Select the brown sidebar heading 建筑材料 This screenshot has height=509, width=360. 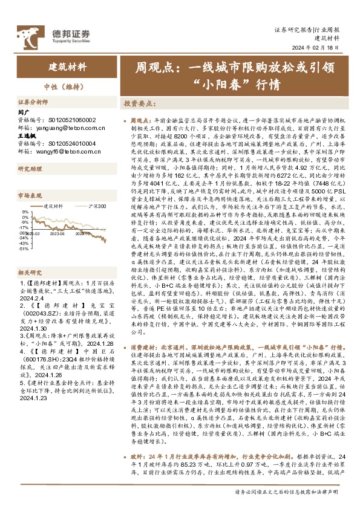[x=68, y=66]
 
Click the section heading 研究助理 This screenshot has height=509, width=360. [x=28, y=169]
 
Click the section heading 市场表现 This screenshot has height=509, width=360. [x=28, y=195]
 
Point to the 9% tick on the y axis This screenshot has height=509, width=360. [x=25, y=212]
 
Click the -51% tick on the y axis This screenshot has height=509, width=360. [x=24, y=248]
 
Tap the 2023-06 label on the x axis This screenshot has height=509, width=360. [x=57, y=232]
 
